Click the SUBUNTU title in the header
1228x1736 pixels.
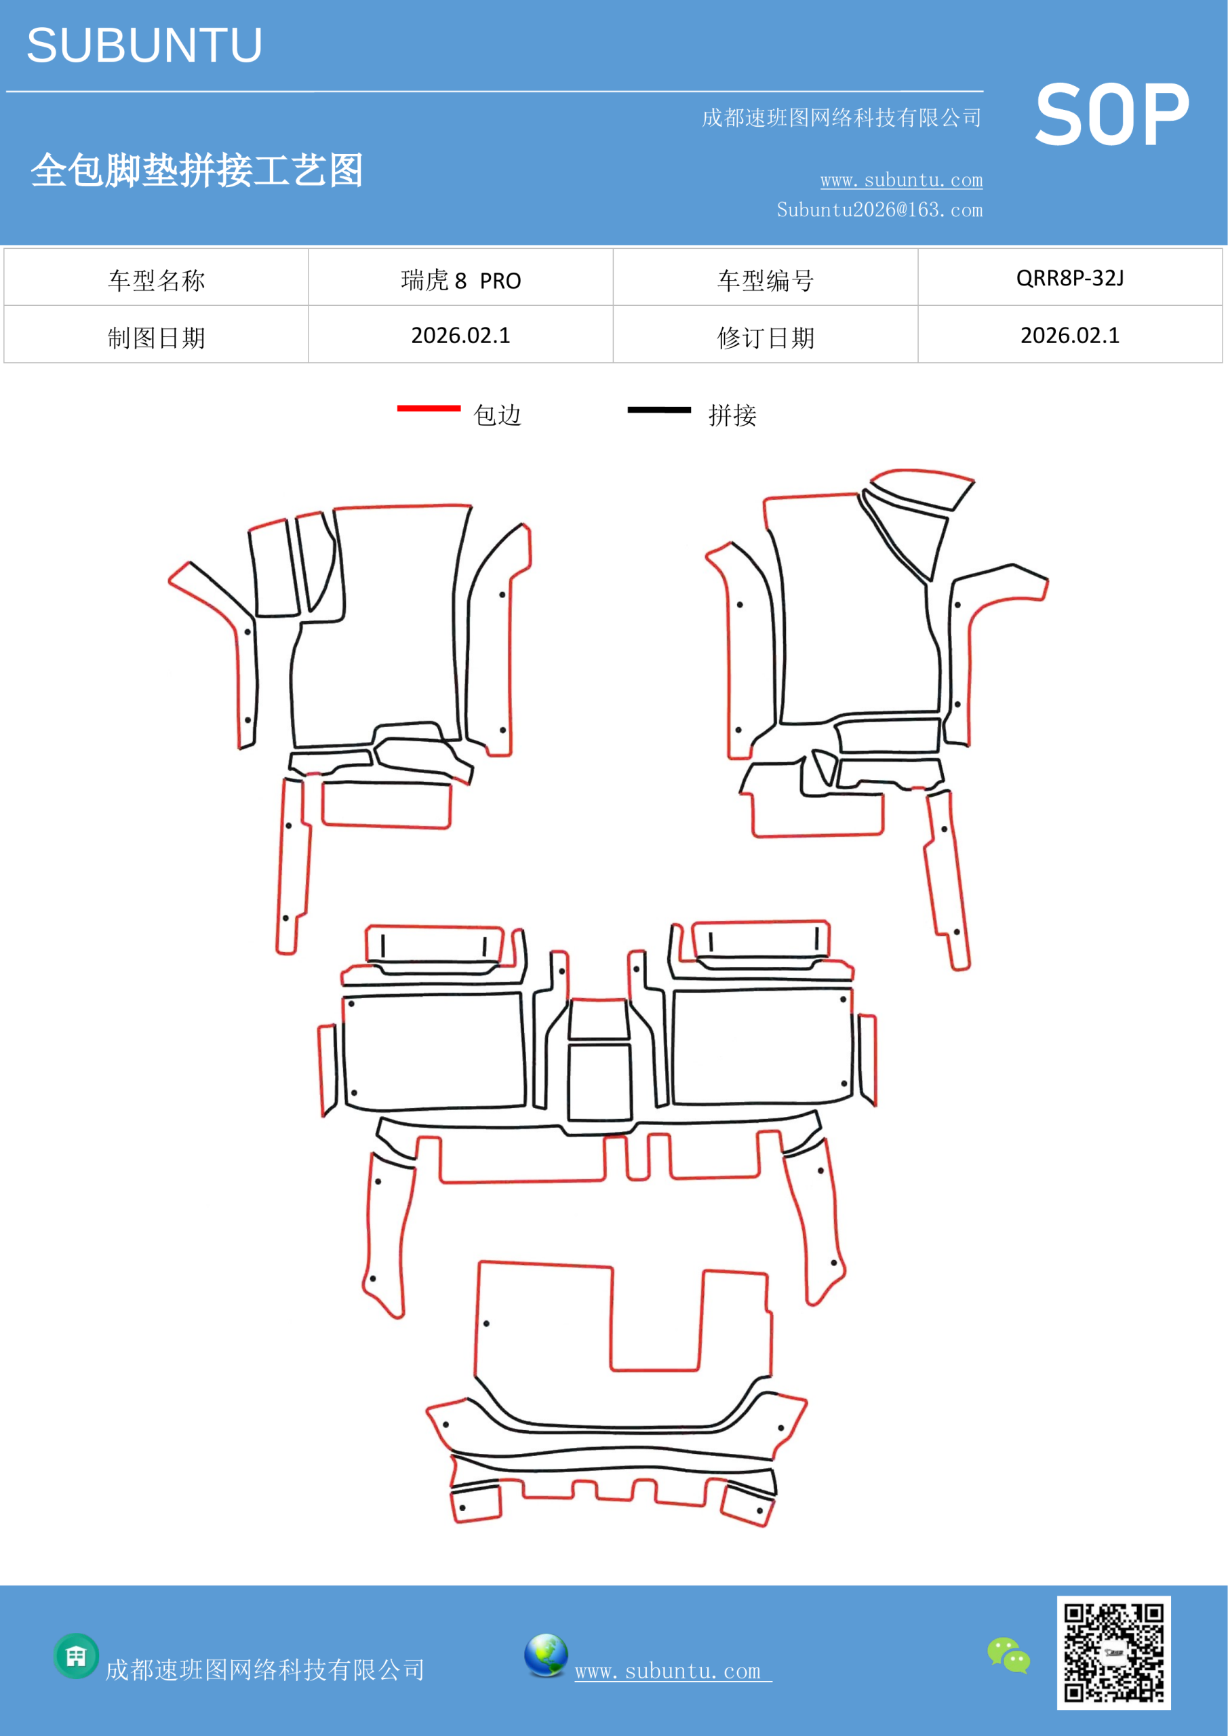[144, 45]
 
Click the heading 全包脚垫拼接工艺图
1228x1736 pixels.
[197, 170]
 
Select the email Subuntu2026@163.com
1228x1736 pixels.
[879, 210]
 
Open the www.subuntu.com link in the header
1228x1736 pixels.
[901, 180]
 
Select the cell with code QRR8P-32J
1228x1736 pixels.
[1070, 278]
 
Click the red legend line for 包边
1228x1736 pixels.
[429, 408]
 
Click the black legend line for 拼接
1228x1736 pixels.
[658, 410]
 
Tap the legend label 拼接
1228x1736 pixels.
[732, 415]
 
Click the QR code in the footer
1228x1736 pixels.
[1113, 1653]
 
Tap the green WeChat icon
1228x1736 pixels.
[1009, 1655]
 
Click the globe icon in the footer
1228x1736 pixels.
[546, 1655]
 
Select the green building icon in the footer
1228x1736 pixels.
[77, 1656]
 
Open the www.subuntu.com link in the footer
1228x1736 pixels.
[673, 1672]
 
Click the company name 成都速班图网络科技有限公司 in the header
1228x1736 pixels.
[841, 117]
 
